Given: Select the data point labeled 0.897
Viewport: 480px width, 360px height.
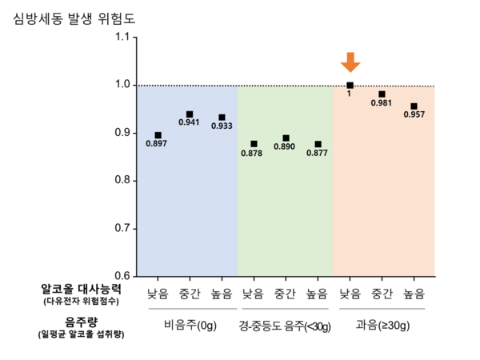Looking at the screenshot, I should (158, 135).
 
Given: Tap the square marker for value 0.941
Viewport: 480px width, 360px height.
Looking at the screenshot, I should (190, 114).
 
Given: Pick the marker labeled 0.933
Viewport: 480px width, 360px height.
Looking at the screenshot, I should (222, 118).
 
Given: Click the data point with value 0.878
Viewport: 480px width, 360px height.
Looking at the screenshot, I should (254, 144).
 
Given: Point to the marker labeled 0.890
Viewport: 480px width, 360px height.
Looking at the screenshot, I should (286, 138).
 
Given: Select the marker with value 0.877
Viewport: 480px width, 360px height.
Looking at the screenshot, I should (318, 144).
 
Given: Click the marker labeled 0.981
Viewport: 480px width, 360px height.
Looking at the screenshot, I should (382, 94).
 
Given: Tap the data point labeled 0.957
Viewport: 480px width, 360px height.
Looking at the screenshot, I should (414, 106).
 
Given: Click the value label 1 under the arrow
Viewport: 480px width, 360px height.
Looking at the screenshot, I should (349, 94).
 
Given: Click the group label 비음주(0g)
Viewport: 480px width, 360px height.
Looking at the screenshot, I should (189, 326).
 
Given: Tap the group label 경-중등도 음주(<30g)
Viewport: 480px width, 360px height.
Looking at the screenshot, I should (285, 326).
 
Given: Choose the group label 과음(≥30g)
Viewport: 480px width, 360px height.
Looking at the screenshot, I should (382, 326).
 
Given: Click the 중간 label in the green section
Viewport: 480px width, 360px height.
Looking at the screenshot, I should (286, 293).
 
